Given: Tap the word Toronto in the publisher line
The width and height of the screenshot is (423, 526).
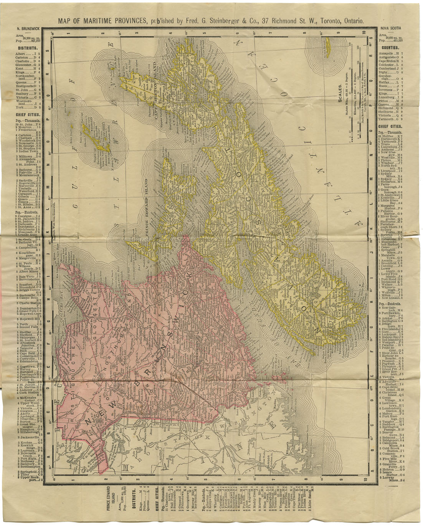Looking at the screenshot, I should click(329, 22).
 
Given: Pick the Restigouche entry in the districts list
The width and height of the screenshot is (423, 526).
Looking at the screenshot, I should click(26, 86).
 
